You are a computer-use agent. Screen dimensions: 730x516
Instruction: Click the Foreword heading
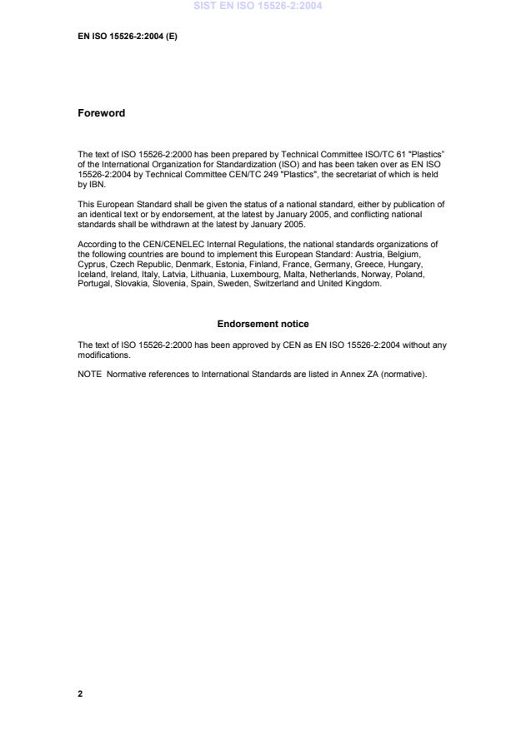point(101,113)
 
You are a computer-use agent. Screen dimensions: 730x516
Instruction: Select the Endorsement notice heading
point(263,324)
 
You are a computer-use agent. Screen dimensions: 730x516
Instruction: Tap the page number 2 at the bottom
point(80,693)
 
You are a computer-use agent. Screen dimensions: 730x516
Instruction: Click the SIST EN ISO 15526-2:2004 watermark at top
point(258,7)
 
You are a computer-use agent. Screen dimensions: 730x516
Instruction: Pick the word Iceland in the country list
point(92,274)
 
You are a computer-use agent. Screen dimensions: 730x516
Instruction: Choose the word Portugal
point(93,282)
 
